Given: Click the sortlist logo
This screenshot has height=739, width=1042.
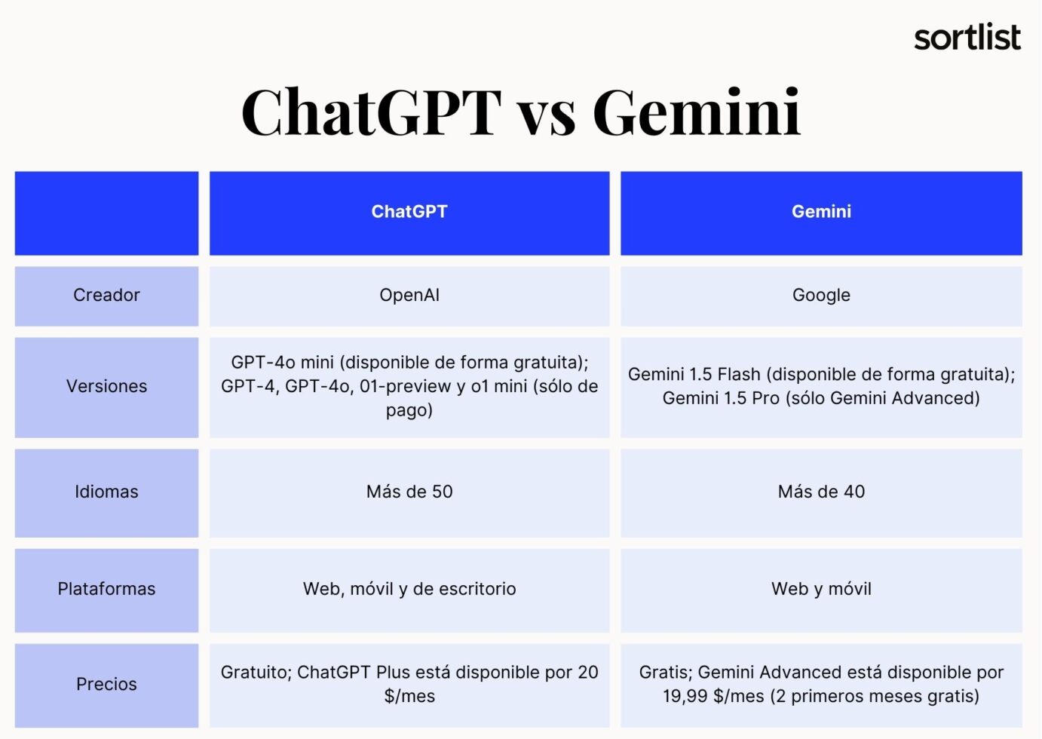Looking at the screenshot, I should point(967,37).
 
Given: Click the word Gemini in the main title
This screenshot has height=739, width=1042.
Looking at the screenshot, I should point(697,113).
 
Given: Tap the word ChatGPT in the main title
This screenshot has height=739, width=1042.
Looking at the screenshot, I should point(371,113).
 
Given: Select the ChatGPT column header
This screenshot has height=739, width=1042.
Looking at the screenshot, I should point(409,212).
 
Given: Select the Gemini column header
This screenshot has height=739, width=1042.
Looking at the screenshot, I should point(821,212).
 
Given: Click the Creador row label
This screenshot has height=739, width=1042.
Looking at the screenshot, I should point(106,296).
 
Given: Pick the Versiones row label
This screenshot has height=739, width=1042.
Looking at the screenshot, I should point(106,386).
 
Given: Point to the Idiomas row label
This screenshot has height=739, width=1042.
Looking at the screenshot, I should point(106,492).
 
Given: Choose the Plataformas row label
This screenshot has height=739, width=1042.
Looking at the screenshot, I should point(106,589).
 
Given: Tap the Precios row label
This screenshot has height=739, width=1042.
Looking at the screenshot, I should point(106,684).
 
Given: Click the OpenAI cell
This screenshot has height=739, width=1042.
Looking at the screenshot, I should point(409,296).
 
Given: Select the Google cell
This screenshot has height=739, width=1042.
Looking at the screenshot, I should point(821,296).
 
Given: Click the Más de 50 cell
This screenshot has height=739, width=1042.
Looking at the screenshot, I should point(409,492).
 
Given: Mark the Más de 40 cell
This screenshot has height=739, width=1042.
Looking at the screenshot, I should point(821,492).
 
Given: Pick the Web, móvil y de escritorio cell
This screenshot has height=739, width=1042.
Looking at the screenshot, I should point(409,589).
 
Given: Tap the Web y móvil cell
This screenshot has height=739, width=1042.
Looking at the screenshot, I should point(821,589).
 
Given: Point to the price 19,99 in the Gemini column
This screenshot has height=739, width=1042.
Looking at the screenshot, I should point(687,696).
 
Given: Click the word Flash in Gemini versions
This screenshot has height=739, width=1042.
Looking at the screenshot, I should point(739,375).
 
